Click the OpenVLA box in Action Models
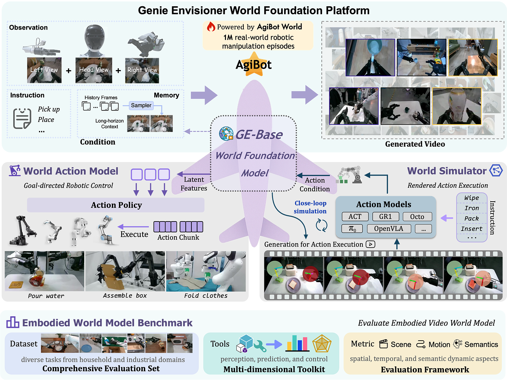tap(388, 229)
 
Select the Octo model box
tap(417, 217)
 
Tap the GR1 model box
tap(385, 217)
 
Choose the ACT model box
tap(355, 217)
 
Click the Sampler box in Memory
tap(141, 105)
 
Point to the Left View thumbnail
tap(44, 70)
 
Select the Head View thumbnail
tap(94, 70)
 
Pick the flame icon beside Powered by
tap(211, 27)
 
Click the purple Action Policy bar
tap(116, 205)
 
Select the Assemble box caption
tap(125, 296)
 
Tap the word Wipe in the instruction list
tap(471, 198)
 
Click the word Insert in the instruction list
tap(471, 229)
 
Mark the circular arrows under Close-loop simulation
tap(321, 225)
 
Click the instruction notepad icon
tap(22, 118)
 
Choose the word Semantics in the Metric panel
tap(481, 344)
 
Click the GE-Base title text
tap(259, 134)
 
